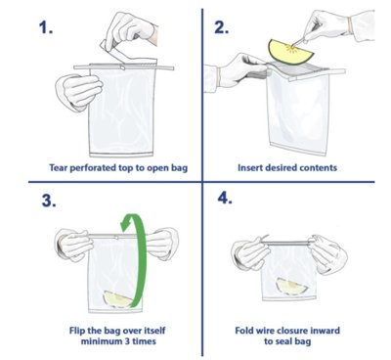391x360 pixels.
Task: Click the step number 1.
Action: [x=46, y=27]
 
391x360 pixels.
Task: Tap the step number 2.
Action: [x=222, y=27]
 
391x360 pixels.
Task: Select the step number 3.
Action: [x=49, y=201]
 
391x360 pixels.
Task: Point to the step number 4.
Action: [x=225, y=198]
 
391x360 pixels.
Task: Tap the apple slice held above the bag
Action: [x=290, y=52]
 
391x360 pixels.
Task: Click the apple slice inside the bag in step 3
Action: [x=117, y=299]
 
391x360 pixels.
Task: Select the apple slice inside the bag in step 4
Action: [x=291, y=286]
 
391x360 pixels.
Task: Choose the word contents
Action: [x=318, y=168]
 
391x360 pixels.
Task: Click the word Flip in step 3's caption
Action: [x=77, y=331]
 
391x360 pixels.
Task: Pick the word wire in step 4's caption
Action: [x=268, y=331]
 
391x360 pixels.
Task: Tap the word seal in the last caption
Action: [x=283, y=341]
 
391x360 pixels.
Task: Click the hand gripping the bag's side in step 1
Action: [x=80, y=91]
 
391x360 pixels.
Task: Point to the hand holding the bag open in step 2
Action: [x=242, y=70]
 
